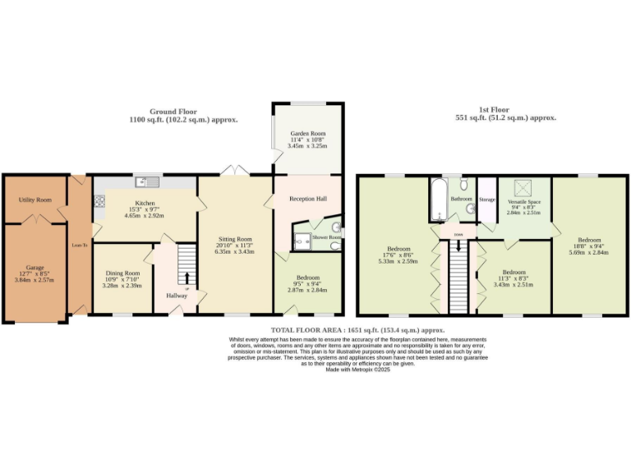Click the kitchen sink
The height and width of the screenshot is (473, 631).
[145, 181]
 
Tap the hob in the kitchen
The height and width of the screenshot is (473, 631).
[100, 200]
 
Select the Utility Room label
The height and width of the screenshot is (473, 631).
[35, 200]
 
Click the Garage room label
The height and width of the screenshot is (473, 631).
[35, 268]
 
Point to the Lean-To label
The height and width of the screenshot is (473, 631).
[79, 244]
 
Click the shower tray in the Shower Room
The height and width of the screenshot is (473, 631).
[302, 241]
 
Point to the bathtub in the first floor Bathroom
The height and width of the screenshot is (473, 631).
[435, 200]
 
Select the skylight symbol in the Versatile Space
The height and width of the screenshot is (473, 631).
[523, 186]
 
